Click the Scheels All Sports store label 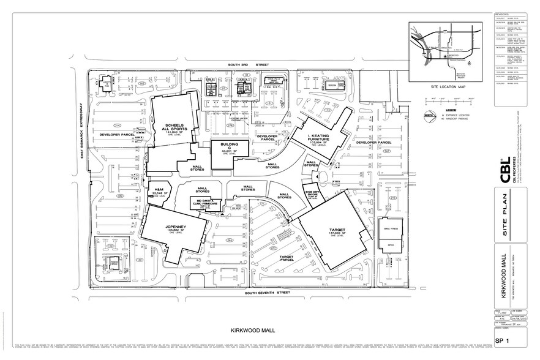pyautogui.click(x=171, y=127)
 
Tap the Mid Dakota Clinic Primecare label pyautogui.click(x=204, y=202)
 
